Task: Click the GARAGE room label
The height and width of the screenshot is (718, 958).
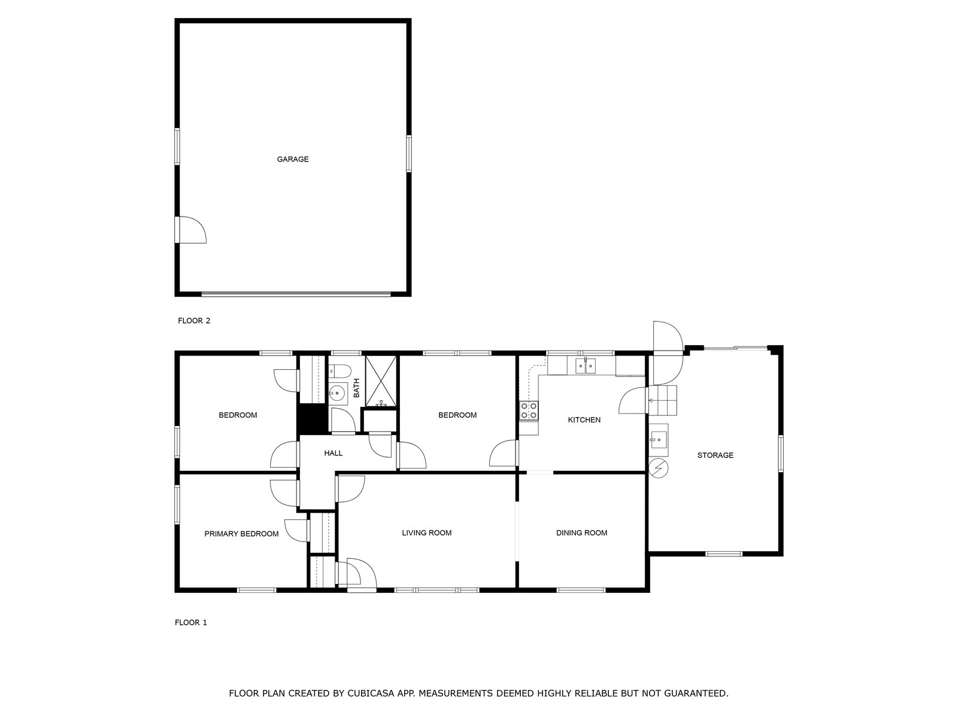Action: point(292,159)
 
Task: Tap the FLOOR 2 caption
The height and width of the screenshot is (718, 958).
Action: point(194,321)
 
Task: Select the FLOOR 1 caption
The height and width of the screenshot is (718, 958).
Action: point(191,622)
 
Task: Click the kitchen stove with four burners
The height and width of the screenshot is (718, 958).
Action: point(529,410)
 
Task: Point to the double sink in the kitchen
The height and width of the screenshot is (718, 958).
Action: point(585,366)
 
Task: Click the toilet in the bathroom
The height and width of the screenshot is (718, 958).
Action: point(339,371)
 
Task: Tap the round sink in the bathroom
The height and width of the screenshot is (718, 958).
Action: point(337,394)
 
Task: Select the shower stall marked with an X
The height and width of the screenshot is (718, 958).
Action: point(381,381)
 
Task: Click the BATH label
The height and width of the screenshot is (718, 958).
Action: point(357,388)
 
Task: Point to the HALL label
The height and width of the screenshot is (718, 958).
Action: point(333,454)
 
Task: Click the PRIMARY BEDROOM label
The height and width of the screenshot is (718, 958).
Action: point(241,534)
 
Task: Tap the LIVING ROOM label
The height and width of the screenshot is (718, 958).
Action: point(426,533)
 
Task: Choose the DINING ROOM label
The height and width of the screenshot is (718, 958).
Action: point(581,533)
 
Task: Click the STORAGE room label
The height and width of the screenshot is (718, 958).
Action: point(715,455)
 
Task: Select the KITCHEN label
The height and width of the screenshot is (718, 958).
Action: point(584,420)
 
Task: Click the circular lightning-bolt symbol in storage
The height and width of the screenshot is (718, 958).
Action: point(659,468)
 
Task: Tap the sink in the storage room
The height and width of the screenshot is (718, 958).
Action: point(658,440)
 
